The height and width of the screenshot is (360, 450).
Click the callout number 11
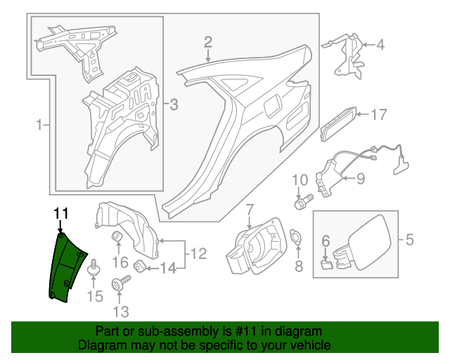point(61,212)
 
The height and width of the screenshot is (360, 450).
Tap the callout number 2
point(208,41)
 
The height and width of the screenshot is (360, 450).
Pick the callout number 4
point(380,46)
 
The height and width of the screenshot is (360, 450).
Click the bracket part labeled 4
point(344,53)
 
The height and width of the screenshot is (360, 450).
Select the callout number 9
point(360,179)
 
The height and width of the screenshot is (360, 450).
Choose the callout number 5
point(409,240)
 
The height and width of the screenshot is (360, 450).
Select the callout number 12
point(198,252)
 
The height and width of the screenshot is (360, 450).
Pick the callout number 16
point(119,262)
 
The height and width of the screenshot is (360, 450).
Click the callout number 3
point(174,105)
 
